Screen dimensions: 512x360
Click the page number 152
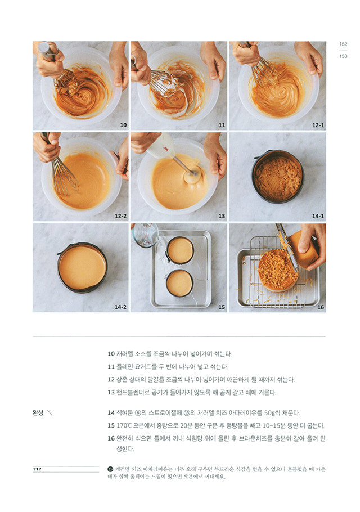coord(343,44)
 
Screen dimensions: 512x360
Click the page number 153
coord(343,55)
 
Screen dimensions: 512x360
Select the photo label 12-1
coord(318,125)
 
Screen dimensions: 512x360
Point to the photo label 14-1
coord(318,216)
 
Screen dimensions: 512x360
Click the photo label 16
coord(321,307)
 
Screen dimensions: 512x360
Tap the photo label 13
coord(221,216)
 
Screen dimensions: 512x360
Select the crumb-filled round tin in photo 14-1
coord(277,177)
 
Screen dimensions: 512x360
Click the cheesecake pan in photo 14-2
coord(82,268)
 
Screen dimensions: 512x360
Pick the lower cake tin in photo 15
coord(180,284)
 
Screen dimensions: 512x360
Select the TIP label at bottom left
coord(38,469)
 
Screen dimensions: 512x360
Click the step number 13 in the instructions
coord(111,393)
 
